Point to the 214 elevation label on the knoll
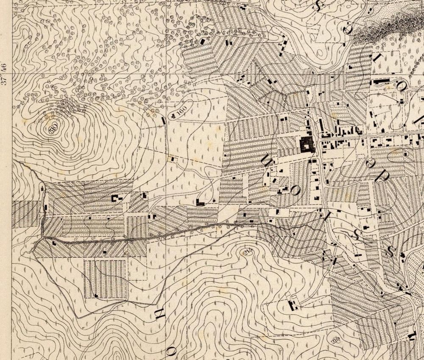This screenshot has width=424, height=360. click(247, 252)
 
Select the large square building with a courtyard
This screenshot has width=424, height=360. click(307, 145)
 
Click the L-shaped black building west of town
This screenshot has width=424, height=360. click(200, 202)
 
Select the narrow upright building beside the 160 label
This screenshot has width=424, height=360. click(164, 121)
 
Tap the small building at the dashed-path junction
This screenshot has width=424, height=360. click(172, 159)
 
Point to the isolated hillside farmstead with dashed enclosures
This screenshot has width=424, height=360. click(292, 304)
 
